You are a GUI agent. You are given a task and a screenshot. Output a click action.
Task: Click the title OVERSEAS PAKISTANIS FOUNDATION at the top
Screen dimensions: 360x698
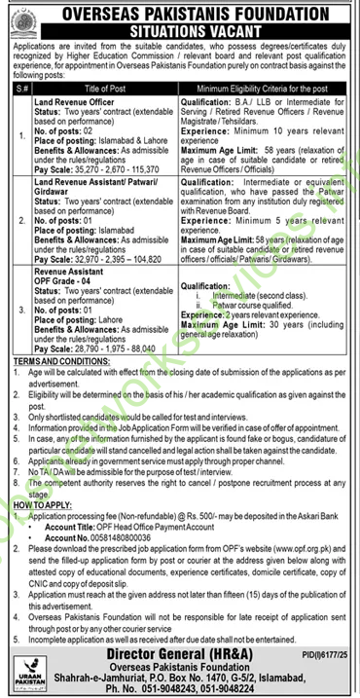point(181,12)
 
